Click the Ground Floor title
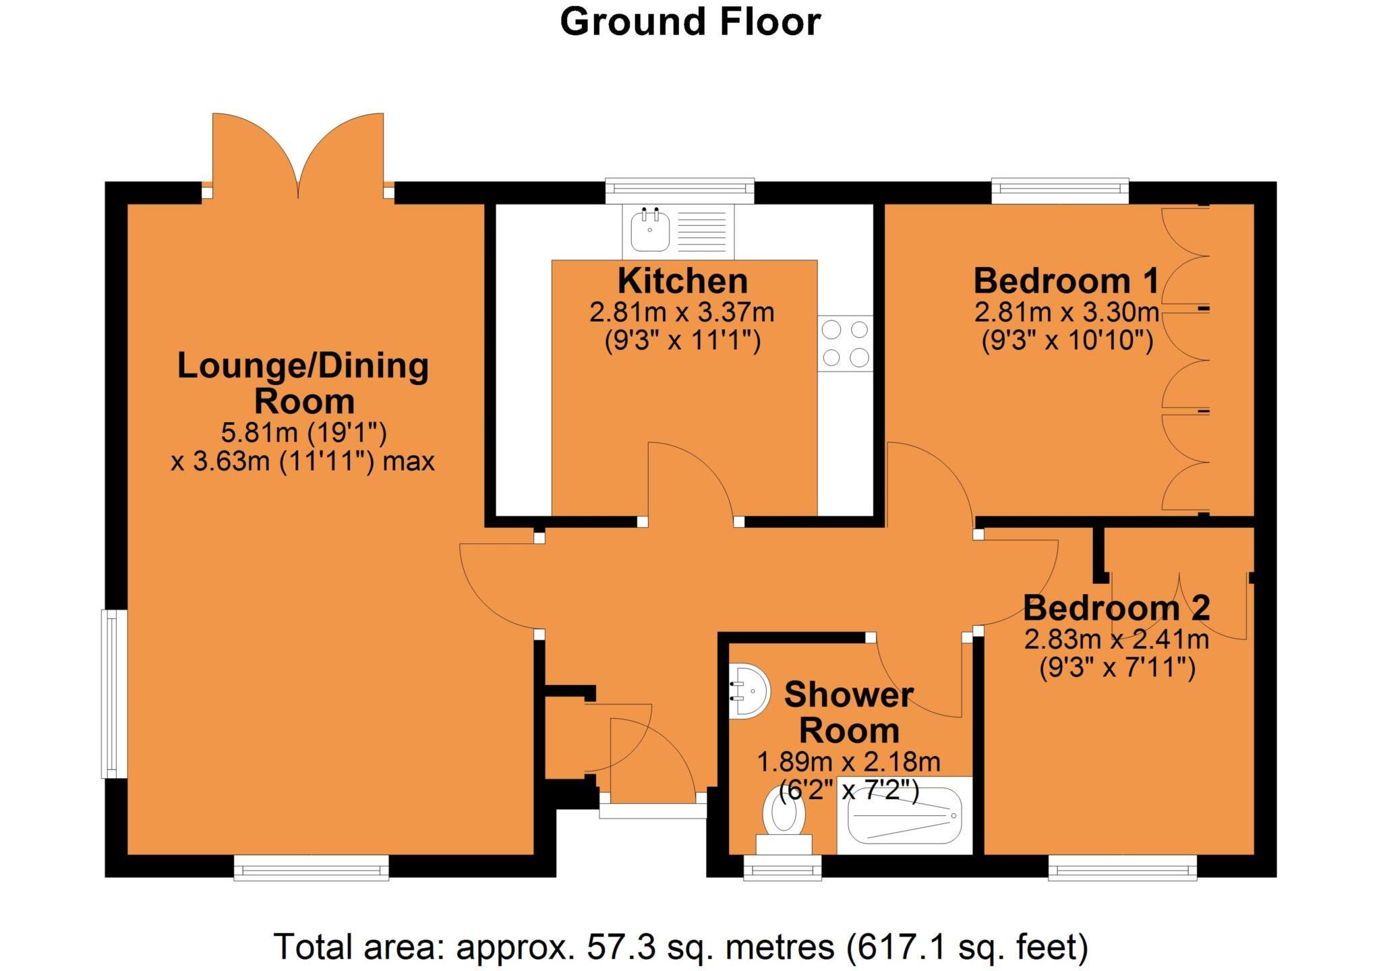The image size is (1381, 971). [x=690, y=22]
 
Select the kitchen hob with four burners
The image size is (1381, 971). [x=845, y=343]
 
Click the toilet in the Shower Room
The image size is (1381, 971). [x=784, y=820]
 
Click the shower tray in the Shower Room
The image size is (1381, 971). [x=904, y=816]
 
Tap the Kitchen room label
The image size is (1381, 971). [x=682, y=281]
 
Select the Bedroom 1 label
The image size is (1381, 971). [x=1065, y=281]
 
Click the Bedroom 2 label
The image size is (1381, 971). [x=1116, y=608]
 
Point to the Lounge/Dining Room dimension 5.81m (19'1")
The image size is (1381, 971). [x=303, y=432]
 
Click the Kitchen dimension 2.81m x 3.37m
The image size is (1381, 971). [x=682, y=312]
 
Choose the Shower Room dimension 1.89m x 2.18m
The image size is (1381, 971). [x=848, y=762]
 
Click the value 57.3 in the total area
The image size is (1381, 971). [x=621, y=947]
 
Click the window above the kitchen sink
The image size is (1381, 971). [x=679, y=191]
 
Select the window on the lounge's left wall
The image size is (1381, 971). [x=115, y=694]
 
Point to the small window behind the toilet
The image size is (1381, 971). [x=782, y=868]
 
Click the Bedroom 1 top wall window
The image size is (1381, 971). [x=1059, y=191]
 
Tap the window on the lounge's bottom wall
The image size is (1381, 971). [x=312, y=868]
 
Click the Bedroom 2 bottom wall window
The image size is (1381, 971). [x=1123, y=868]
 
